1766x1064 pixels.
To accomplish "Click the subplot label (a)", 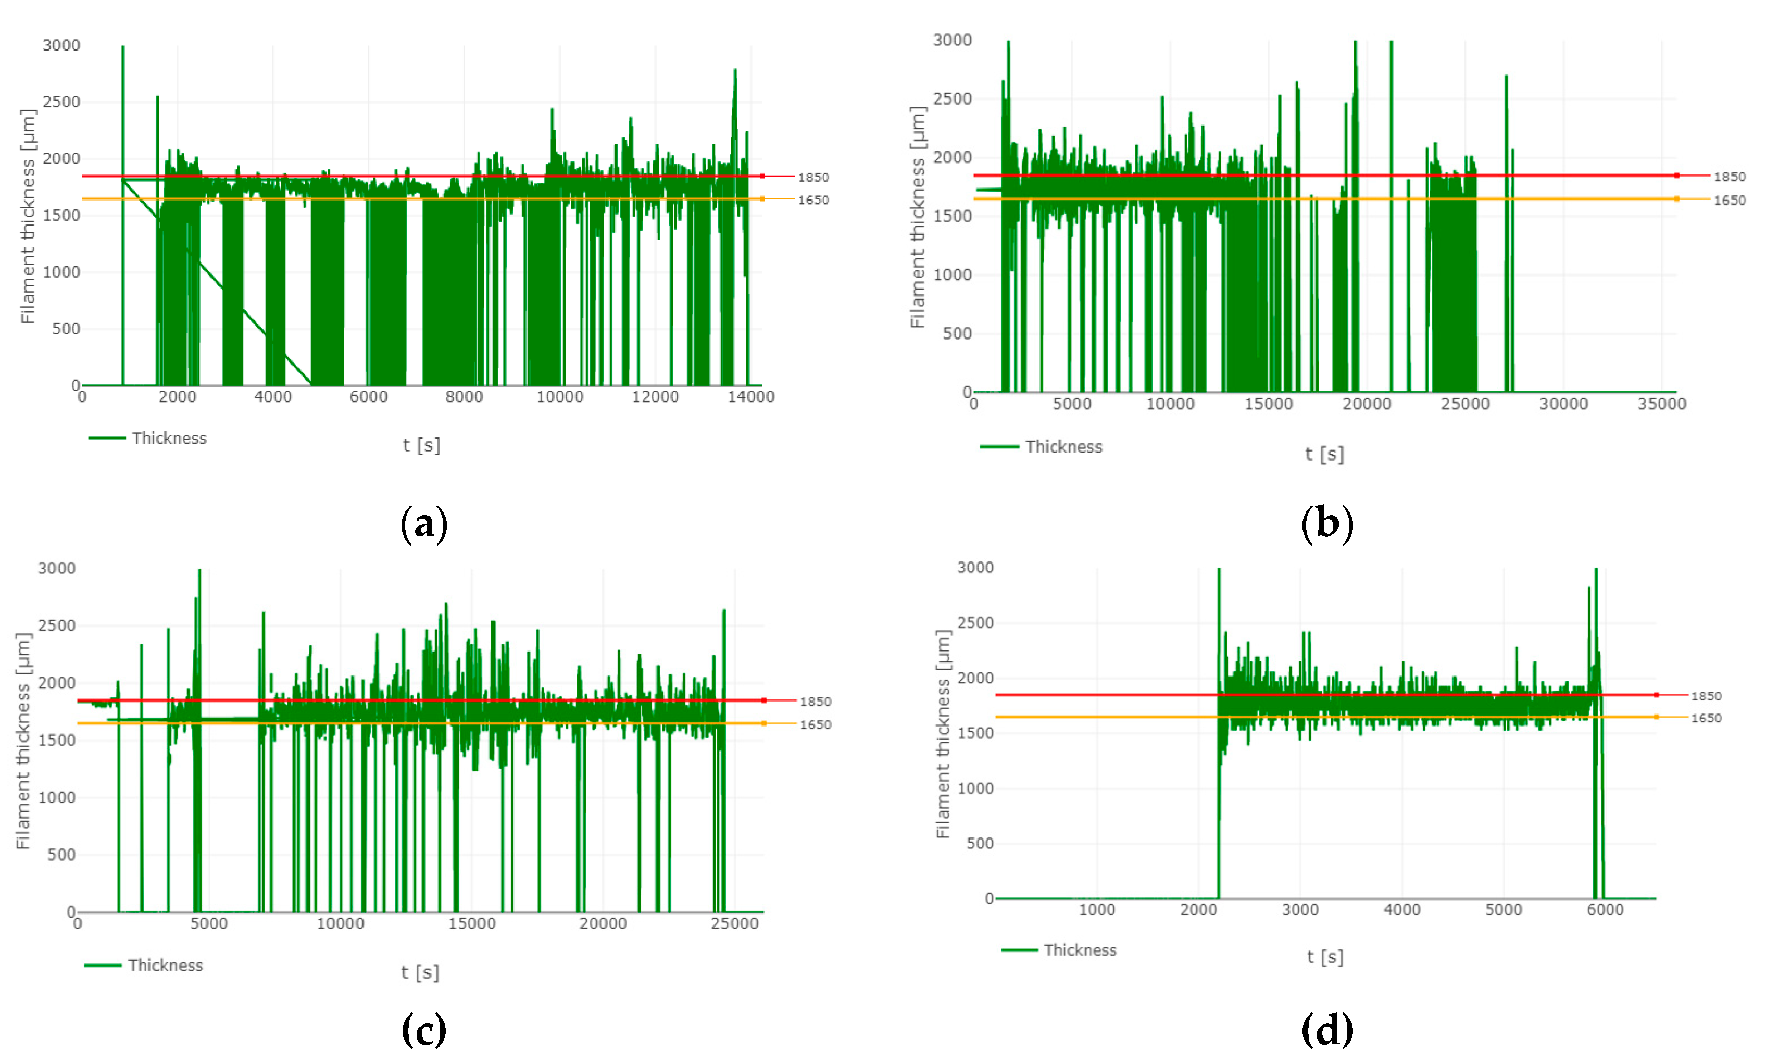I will pos(423,524).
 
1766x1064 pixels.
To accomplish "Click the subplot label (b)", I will pos(1326,524).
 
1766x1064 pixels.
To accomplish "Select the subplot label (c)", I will pos(423,1030).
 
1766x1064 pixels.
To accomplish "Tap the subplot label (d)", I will pos(1326,1030).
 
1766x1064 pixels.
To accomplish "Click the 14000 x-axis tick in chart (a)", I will pos(750,397).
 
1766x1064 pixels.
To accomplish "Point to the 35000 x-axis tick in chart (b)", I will pos(1661,404).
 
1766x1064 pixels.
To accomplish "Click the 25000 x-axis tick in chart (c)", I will pos(734,923).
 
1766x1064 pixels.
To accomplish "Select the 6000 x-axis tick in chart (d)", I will pos(1605,910).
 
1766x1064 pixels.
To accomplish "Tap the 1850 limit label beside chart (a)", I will pos(813,177).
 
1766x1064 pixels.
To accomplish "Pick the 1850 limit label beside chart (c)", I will pos(815,702).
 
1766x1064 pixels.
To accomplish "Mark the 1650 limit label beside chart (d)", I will pos(1706,718).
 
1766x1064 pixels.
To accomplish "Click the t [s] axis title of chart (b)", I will pos(1324,454).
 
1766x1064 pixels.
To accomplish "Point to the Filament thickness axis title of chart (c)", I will pos(23,741).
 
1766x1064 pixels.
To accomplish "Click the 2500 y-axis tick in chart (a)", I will pos(61,102).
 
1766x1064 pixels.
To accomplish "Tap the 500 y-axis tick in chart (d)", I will pos(979,843).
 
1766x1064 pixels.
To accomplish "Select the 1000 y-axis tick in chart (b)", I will pos(952,274).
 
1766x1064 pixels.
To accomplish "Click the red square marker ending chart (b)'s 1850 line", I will pos(1676,176).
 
